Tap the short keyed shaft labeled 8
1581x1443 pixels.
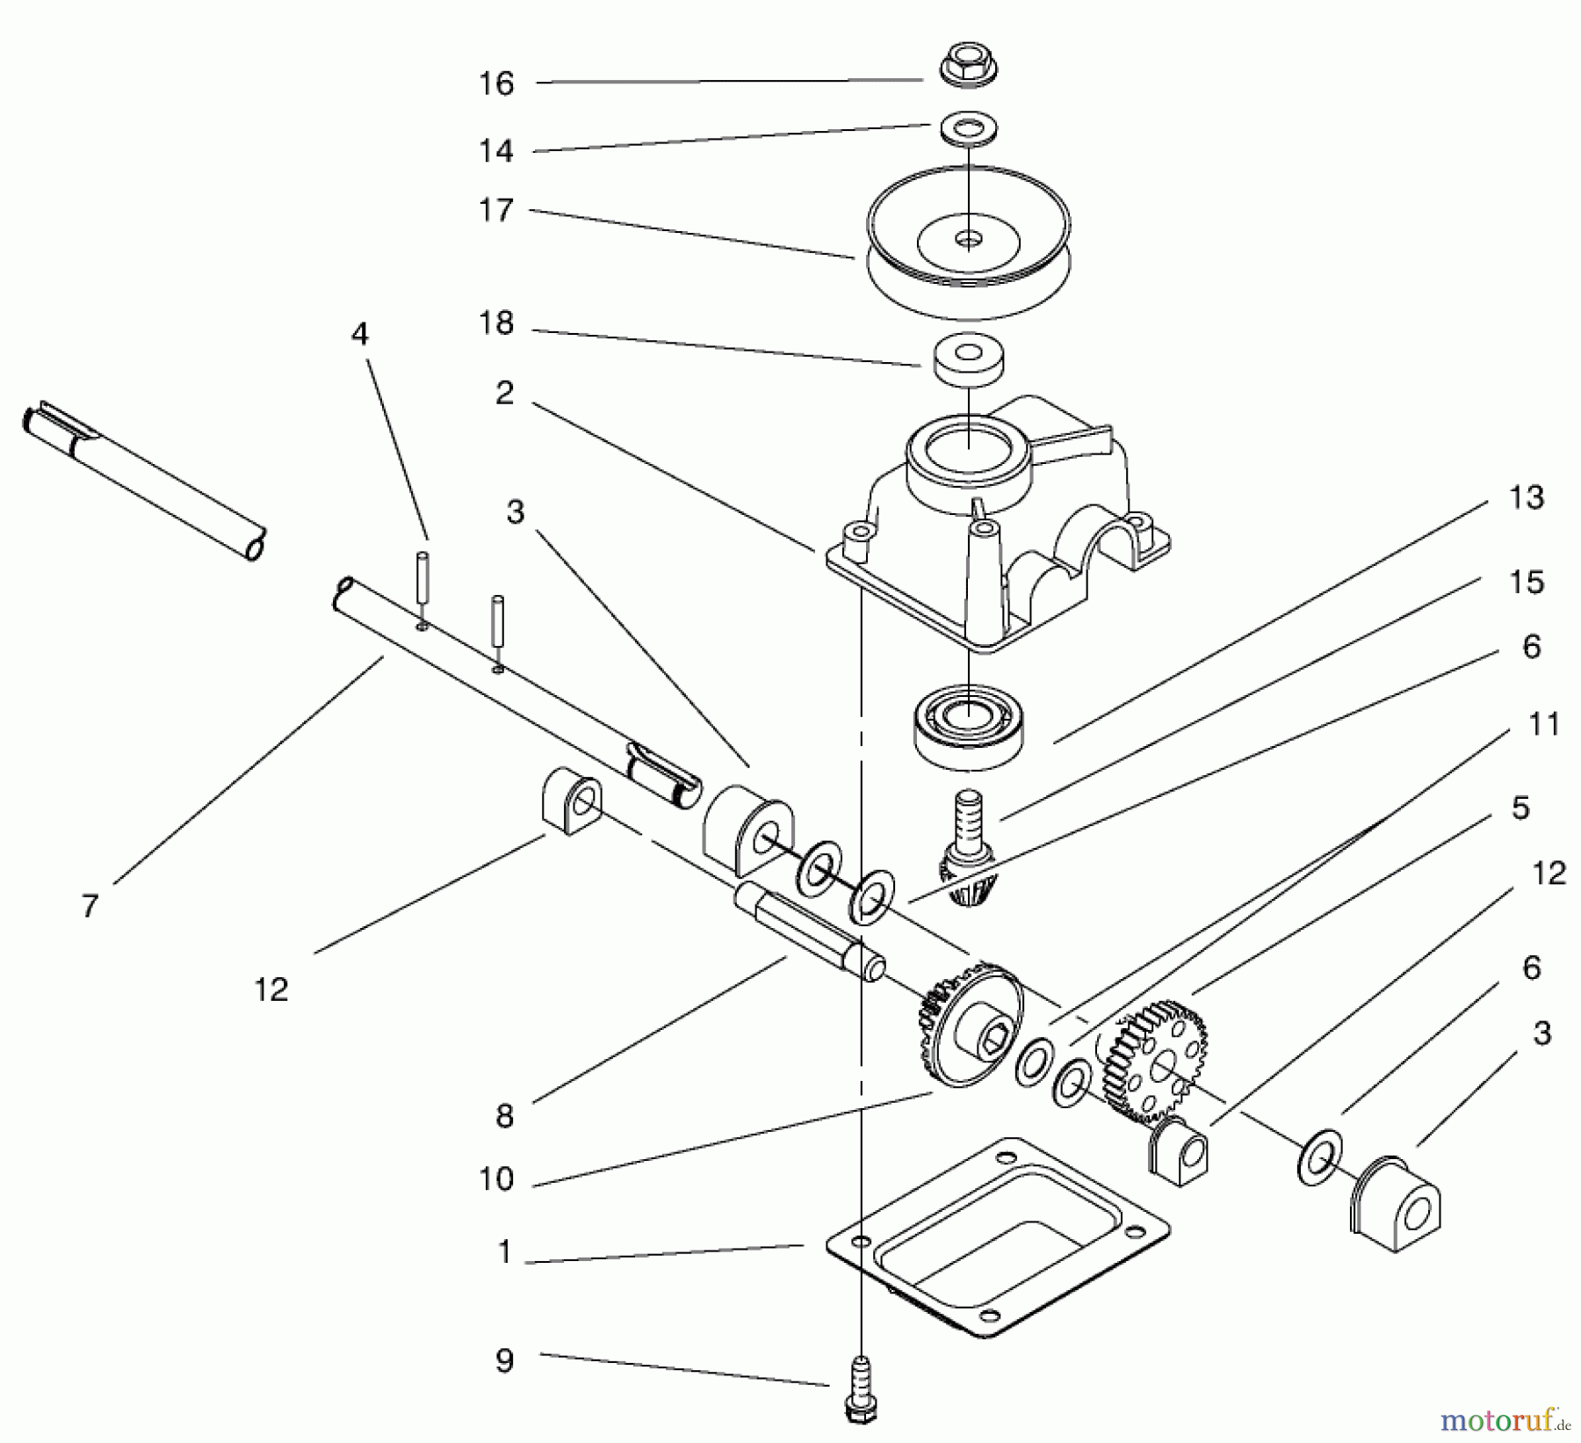pos(808,932)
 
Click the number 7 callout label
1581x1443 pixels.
pos(90,905)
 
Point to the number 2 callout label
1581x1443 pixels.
pos(503,393)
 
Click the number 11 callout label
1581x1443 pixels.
pos(1543,724)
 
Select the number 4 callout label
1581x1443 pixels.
pos(359,334)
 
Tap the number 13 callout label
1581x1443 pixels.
pos(1526,497)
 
